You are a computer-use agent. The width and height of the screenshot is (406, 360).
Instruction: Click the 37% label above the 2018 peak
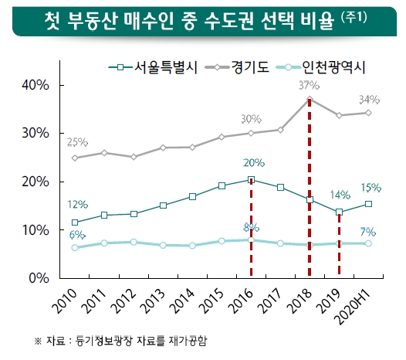click(x=309, y=85)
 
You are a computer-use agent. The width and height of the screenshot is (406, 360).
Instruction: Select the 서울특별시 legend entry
click(x=153, y=67)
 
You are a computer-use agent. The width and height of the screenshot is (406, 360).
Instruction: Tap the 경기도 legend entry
click(x=237, y=67)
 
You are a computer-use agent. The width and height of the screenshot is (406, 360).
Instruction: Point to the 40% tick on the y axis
click(x=36, y=85)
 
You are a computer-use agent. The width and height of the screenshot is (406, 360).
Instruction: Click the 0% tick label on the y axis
click(x=39, y=278)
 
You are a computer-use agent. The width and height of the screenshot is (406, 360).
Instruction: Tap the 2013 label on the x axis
click(x=154, y=301)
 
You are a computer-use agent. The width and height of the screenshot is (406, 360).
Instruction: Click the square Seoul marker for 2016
click(x=251, y=180)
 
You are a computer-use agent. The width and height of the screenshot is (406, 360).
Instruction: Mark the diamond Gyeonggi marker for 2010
click(x=75, y=158)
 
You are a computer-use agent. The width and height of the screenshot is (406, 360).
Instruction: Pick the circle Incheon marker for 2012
click(x=134, y=242)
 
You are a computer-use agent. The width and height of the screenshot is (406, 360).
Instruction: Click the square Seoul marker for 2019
click(x=339, y=212)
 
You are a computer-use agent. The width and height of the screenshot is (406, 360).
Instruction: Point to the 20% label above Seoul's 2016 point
click(x=254, y=163)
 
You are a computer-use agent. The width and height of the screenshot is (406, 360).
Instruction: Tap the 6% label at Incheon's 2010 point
click(x=77, y=235)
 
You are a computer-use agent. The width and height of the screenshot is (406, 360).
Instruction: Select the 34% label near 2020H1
click(x=369, y=100)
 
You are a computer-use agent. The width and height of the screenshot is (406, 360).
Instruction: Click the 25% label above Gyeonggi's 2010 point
click(x=77, y=142)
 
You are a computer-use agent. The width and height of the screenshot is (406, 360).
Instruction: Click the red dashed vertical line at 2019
click(x=339, y=244)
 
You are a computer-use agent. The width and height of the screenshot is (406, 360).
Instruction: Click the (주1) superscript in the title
click(x=354, y=18)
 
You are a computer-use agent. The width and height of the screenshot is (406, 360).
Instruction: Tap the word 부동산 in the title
click(x=92, y=21)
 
